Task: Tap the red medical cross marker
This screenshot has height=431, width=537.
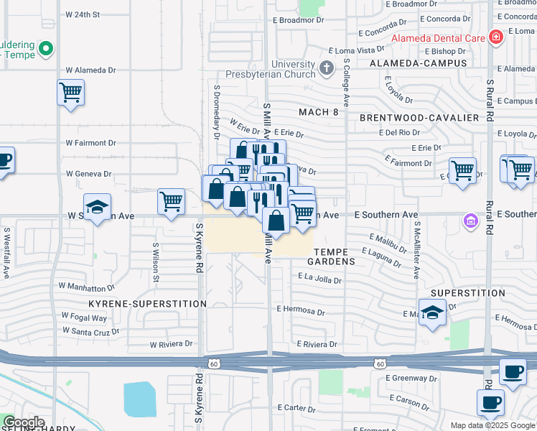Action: [x=495, y=37]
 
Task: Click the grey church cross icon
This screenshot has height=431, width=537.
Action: [x=327, y=69]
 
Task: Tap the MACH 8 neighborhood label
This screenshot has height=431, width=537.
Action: [x=318, y=112]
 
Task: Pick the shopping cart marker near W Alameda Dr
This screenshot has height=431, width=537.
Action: [x=70, y=93]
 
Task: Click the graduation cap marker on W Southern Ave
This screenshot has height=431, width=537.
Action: [x=97, y=207]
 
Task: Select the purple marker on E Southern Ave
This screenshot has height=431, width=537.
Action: [x=470, y=220]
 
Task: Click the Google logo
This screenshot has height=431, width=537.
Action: [x=23, y=422]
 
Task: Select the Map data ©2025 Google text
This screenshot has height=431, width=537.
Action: [x=492, y=425]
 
